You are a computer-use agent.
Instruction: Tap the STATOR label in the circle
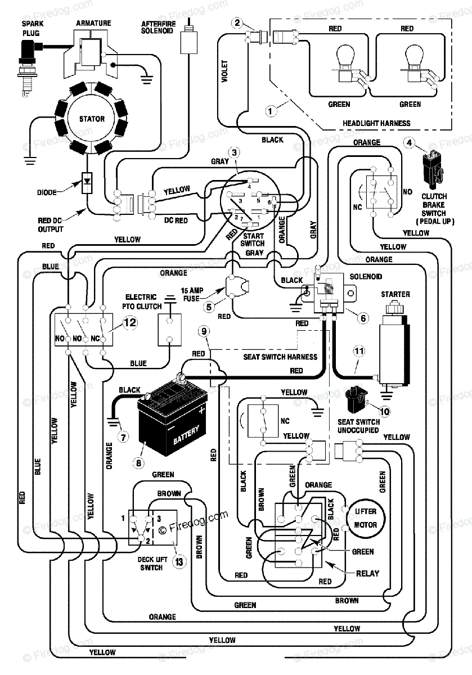point(92,119)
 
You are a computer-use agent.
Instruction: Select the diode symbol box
point(87,183)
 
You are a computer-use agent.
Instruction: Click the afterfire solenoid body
point(189,42)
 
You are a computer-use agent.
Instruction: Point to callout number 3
point(235,153)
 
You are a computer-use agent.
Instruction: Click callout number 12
point(130,322)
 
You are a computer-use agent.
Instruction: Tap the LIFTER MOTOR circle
point(365,518)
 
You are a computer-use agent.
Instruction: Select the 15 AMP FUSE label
point(192,294)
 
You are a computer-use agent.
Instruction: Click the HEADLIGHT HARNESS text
point(376,123)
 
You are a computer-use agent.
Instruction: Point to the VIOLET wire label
point(224,71)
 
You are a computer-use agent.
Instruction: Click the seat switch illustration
point(356,399)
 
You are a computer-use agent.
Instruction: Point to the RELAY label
point(367,573)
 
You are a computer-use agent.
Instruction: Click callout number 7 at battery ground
point(123,436)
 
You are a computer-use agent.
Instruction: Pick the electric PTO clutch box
point(170,330)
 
